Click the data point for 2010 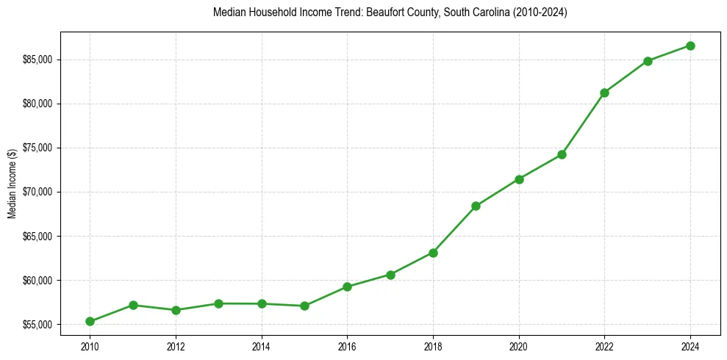coord(90,321)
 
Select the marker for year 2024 coord(690,46)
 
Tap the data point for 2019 coord(476,206)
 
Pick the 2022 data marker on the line coord(604,93)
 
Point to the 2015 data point coord(304,306)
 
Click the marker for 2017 coord(390,275)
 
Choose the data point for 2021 coord(562,154)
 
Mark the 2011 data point coord(133,305)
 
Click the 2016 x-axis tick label coord(347,345)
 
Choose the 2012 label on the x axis coord(176,345)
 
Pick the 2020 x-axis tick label coord(519,345)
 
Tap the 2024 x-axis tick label coord(690,345)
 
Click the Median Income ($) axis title coord(12,192)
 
